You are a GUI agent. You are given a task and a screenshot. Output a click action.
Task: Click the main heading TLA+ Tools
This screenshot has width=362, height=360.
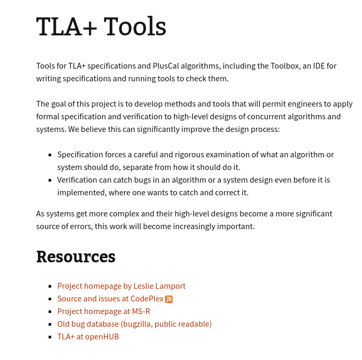101,27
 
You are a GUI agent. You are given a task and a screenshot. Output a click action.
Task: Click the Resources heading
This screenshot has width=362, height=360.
75,257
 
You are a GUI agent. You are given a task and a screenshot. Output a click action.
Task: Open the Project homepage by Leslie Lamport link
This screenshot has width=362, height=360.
121,286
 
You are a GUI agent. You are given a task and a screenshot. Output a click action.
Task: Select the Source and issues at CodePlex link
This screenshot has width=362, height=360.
110,299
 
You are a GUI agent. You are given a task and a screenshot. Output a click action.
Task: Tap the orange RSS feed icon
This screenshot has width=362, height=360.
169,299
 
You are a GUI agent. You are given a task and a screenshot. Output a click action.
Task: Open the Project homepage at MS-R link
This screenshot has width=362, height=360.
103,311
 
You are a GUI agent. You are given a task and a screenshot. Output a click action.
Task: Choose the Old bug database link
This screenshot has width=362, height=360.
134,324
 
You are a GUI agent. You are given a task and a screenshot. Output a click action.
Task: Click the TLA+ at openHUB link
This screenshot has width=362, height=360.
88,337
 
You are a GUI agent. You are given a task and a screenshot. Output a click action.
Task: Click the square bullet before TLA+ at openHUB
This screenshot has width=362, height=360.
50,337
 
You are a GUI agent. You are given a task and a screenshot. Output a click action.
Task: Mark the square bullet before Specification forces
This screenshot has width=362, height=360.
50,155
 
